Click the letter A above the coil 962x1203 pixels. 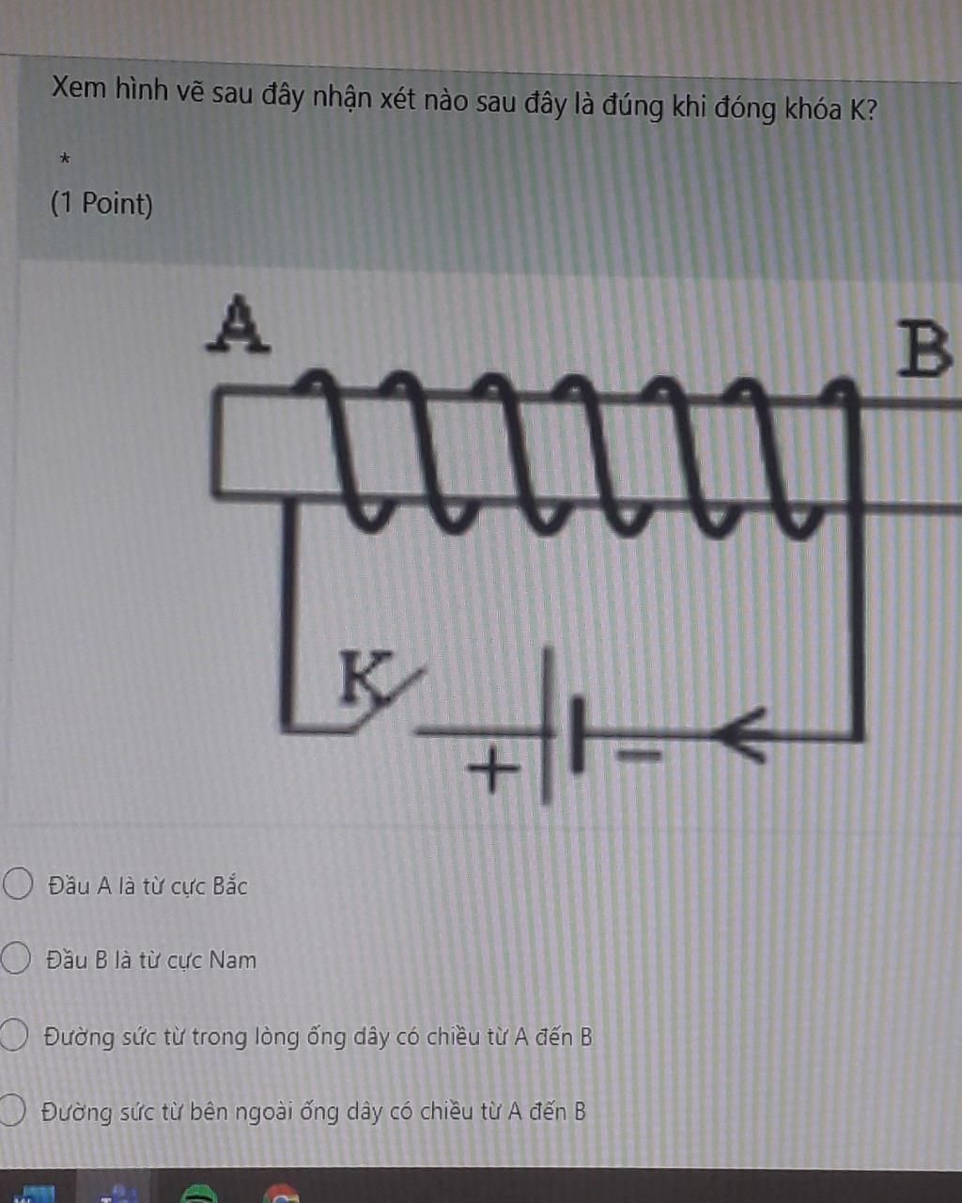click(x=239, y=324)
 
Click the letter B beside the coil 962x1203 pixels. click(x=924, y=350)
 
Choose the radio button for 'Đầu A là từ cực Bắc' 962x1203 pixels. click(x=18, y=884)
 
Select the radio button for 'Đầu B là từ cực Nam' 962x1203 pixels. click(x=15, y=959)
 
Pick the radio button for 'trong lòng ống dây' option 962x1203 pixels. click(x=13, y=1035)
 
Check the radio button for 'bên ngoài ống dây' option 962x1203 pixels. click(x=11, y=1110)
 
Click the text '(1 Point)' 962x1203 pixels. click(x=101, y=203)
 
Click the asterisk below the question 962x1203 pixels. click(x=64, y=161)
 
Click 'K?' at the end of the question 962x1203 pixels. click(x=863, y=110)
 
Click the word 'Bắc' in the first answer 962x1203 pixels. click(x=229, y=886)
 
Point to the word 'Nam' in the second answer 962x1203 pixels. click(x=232, y=961)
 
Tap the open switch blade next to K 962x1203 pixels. click(x=395, y=697)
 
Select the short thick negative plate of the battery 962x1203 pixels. click(x=577, y=733)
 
